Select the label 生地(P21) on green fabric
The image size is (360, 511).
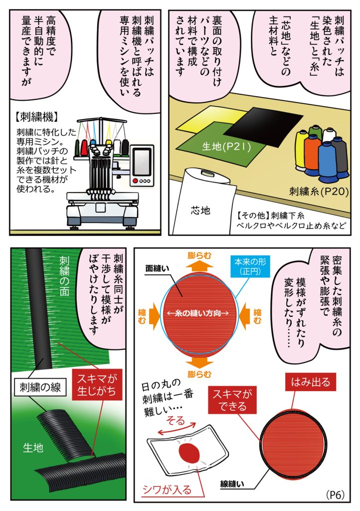coord(223,147)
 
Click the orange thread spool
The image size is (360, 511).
coord(312,150)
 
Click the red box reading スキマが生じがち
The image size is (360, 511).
coord(98,384)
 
